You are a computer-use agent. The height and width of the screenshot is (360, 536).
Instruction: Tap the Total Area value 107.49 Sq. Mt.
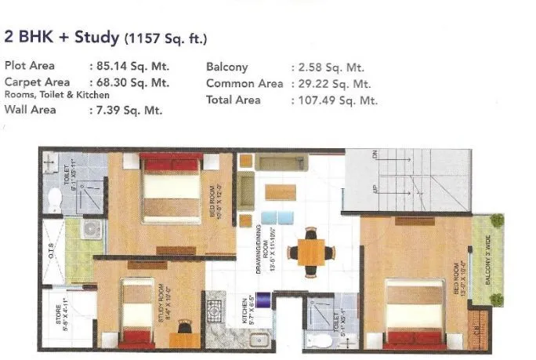pos(334,100)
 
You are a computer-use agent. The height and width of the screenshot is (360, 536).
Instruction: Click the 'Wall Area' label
pos(31,110)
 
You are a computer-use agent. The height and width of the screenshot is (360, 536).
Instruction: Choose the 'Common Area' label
pos(245,84)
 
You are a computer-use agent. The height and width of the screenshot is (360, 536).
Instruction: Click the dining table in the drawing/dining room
pos(311,252)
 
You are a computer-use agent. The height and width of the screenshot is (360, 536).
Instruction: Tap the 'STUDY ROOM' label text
pos(161,304)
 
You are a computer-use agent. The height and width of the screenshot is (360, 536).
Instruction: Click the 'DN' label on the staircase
pos(376,158)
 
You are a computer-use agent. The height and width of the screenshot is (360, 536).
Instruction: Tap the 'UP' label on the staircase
pos(376,191)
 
